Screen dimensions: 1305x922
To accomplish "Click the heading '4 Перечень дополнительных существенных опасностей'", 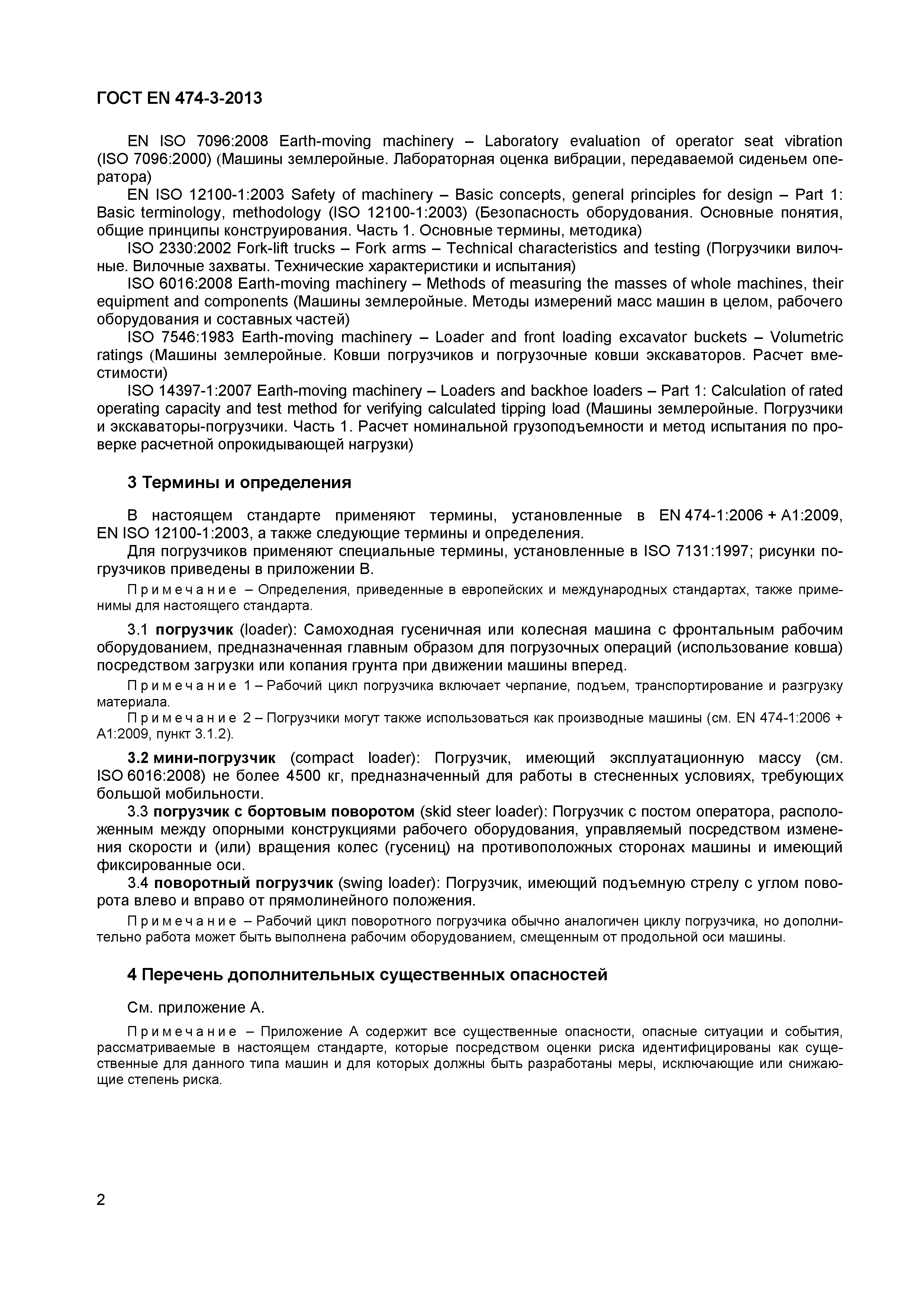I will coord(367,974).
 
